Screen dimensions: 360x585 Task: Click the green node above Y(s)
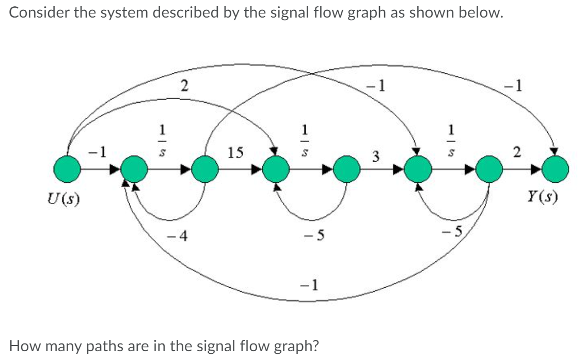tap(555, 168)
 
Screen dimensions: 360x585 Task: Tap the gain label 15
tap(235, 152)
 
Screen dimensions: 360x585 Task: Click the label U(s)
tap(61, 198)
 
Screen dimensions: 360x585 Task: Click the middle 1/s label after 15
tap(305, 135)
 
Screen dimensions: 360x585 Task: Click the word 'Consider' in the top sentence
tap(35, 12)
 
